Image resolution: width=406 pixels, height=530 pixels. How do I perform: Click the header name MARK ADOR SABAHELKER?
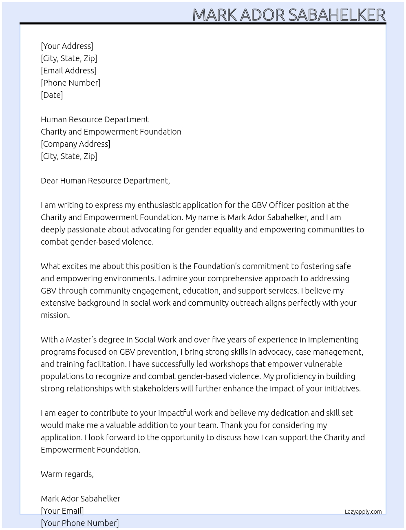pyautogui.click(x=289, y=15)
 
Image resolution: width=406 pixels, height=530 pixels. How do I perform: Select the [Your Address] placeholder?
pyautogui.click(x=67, y=46)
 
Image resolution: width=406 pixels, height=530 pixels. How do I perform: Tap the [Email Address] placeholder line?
pyautogui.click(x=68, y=71)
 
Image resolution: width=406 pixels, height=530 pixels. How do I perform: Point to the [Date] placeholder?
pyautogui.click(x=52, y=95)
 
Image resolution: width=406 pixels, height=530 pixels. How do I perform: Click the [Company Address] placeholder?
pyautogui.click(x=75, y=144)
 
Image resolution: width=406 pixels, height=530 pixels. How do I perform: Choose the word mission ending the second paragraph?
pyautogui.click(x=55, y=315)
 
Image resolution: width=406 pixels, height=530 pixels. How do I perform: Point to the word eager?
pyautogui.click(x=71, y=413)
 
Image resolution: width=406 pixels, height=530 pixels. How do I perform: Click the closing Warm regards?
pyautogui.click(x=67, y=474)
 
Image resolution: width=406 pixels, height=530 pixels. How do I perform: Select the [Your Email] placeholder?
pyautogui.click(x=62, y=511)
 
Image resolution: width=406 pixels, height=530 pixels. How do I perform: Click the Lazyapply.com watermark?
pyautogui.click(x=363, y=512)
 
